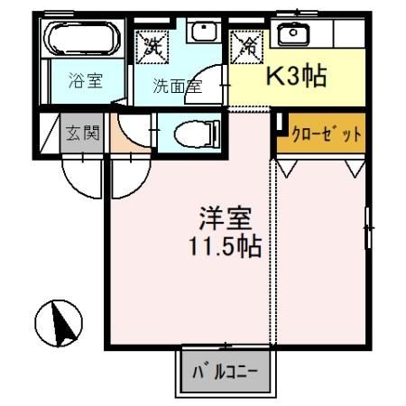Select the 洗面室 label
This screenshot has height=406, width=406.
[x=177, y=87]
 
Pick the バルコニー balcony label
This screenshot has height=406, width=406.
[x=225, y=371]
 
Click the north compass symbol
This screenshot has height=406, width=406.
[x=59, y=322]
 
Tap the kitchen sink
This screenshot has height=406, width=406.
[x=291, y=35]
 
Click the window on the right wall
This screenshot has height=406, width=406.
[x=368, y=228]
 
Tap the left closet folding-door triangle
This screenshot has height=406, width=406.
[x=287, y=167]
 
